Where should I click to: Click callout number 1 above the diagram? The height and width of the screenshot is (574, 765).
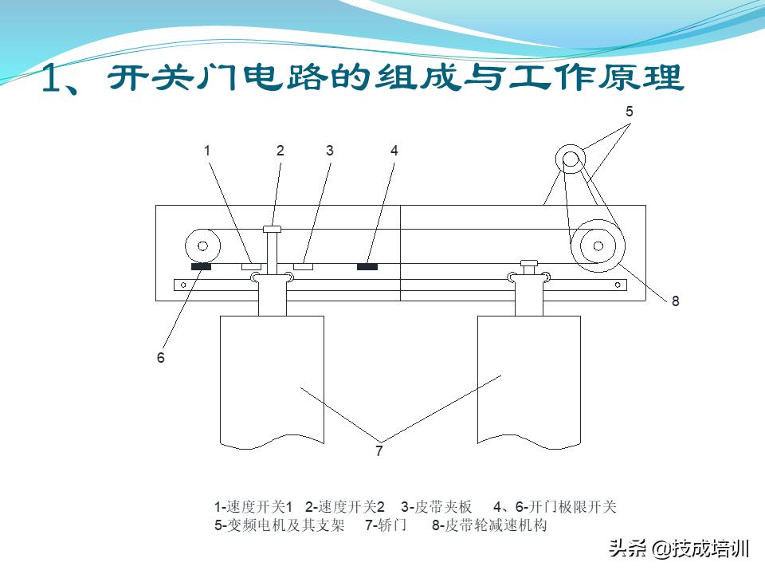click(x=207, y=150)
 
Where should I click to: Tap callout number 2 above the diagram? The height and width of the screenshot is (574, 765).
click(x=280, y=150)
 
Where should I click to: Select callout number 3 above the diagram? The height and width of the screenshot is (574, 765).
click(x=329, y=150)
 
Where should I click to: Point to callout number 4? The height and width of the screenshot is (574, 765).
click(x=394, y=150)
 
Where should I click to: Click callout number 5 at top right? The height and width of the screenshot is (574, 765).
click(x=629, y=112)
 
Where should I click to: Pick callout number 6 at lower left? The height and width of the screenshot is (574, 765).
click(x=160, y=358)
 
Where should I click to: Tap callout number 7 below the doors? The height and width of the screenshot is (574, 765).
click(x=379, y=451)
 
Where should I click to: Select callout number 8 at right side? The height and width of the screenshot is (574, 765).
click(x=675, y=301)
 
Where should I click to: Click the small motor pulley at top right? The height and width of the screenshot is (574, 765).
click(x=571, y=159)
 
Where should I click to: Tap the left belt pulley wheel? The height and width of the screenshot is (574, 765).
click(x=202, y=246)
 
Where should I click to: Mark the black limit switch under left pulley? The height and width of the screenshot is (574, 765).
click(x=201, y=267)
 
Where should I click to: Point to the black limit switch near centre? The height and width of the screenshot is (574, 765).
click(x=367, y=266)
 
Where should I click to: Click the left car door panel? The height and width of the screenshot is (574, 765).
click(x=272, y=379)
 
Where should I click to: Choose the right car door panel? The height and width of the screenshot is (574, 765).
click(x=529, y=379)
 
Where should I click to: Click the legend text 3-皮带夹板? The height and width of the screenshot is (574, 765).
click(x=437, y=507)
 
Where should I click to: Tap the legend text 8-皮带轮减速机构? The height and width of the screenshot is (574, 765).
click(x=489, y=525)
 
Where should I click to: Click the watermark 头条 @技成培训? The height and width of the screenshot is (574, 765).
click(x=679, y=549)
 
